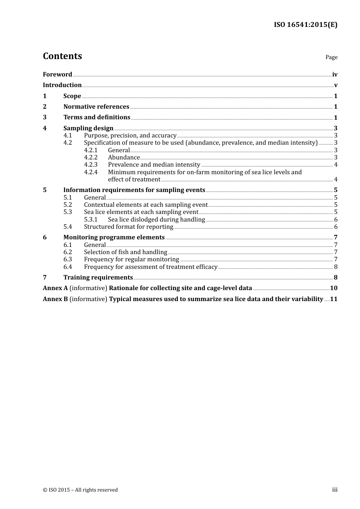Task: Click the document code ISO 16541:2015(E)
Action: [x=305, y=25]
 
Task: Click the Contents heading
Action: [x=62, y=56]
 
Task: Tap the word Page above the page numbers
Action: [x=331, y=57]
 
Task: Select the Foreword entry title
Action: [x=57, y=75]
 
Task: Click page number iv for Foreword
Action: [x=335, y=75]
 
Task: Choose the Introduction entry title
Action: [x=62, y=85]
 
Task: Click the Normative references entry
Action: [x=96, y=107]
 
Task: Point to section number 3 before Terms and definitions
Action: [x=45, y=117]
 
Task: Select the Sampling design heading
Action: [x=88, y=128]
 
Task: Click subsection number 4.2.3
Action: [x=91, y=165]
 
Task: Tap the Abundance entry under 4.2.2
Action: [x=124, y=158]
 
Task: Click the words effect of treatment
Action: [x=134, y=180]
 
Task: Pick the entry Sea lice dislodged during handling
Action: [x=156, y=220]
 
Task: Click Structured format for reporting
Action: [x=128, y=227]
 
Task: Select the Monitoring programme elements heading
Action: [x=114, y=237]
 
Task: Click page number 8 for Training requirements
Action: [x=335, y=278]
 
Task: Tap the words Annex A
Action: [x=55, y=288]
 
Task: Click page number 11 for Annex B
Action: [x=333, y=299]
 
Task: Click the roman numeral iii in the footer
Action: [x=335, y=490]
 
